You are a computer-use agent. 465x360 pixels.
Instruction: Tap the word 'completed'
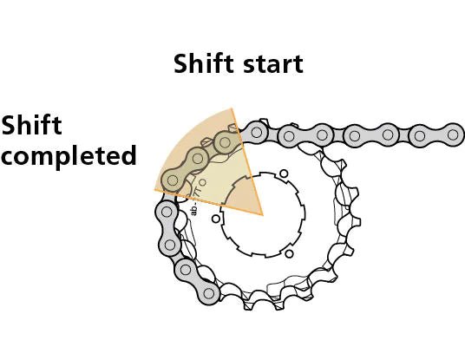[69, 157]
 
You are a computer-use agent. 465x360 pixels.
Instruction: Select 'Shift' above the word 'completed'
[31, 126]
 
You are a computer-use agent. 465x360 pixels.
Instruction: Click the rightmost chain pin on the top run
[453, 134]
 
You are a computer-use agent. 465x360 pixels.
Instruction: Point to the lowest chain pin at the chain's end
[209, 295]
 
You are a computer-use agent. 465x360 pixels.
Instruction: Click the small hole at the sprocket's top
[284, 173]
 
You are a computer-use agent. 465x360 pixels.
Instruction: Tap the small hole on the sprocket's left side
[216, 219]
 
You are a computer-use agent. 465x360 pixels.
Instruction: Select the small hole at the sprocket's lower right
[289, 253]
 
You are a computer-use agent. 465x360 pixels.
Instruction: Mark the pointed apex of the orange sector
[262, 214]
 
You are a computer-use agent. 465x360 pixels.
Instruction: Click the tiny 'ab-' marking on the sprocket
[194, 208]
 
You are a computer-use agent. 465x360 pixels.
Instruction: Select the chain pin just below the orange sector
[166, 211]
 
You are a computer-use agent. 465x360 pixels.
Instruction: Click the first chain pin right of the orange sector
[257, 134]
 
